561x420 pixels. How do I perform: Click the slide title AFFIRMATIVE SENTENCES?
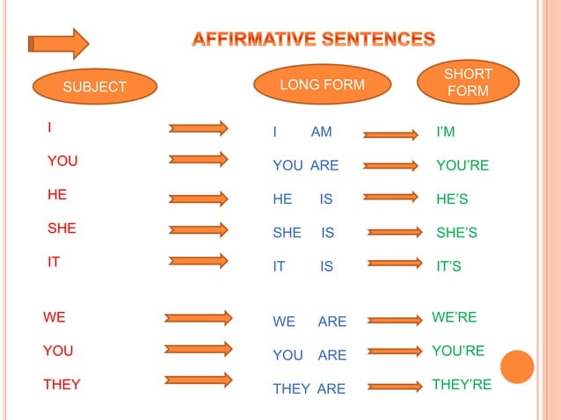[x=314, y=40]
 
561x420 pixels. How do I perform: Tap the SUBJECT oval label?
[x=95, y=86]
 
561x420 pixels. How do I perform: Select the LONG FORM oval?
[x=321, y=84]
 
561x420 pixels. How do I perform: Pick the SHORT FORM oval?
[x=468, y=83]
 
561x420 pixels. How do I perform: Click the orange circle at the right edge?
[x=517, y=366]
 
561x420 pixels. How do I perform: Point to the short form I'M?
[x=446, y=133]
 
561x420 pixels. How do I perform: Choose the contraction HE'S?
[x=452, y=199]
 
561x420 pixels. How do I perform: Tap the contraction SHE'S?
[x=456, y=233]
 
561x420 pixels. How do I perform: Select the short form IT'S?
[x=448, y=266]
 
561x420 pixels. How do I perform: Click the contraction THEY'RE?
[x=462, y=384]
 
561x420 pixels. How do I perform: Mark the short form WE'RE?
[x=454, y=316]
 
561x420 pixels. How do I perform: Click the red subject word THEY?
[x=62, y=384]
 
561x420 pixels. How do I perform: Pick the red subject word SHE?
[x=62, y=228]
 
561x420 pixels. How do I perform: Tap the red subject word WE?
[x=55, y=317]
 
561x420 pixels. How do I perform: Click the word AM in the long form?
[x=322, y=133]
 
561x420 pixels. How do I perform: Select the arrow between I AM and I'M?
[x=391, y=134]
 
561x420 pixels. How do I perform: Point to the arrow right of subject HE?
[x=199, y=196]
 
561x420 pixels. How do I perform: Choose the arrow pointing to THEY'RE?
[x=395, y=386]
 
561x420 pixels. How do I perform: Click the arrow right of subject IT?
[x=199, y=261]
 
